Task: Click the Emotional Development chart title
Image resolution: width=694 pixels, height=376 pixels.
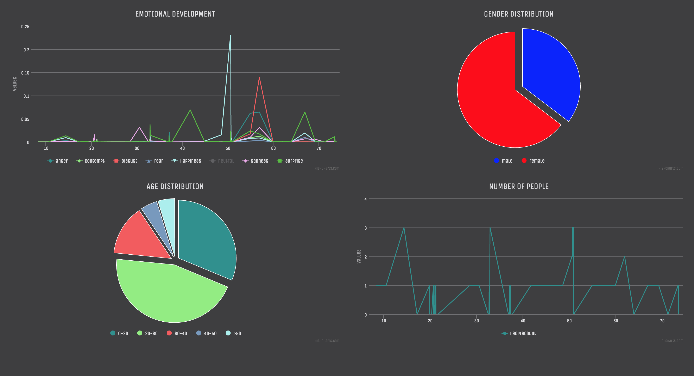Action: (175, 14)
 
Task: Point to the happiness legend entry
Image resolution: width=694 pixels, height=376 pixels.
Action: (187, 161)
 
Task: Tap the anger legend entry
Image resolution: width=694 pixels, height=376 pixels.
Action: (58, 161)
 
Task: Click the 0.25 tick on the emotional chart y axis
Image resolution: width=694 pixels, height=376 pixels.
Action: (25, 26)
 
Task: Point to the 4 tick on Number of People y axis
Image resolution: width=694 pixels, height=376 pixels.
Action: (366, 199)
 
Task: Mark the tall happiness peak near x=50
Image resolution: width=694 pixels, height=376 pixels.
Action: (230, 36)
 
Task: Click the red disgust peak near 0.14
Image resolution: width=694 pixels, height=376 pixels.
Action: (259, 78)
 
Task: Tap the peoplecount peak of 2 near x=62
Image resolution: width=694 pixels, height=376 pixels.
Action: (624, 257)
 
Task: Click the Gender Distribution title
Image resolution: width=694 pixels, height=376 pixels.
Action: (519, 14)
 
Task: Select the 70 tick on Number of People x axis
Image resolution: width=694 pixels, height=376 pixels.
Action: (662, 321)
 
